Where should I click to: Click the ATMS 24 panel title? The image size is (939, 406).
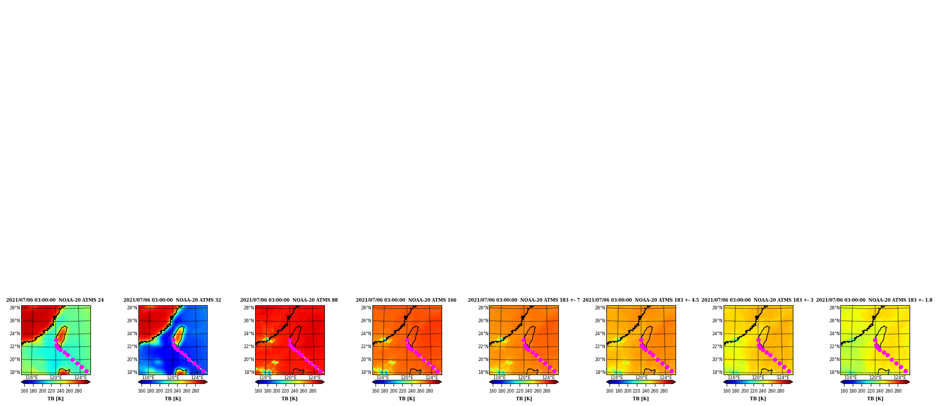click(55, 300)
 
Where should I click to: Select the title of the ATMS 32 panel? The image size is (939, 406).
click(172, 300)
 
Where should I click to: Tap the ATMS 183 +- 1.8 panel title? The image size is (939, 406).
click(874, 300)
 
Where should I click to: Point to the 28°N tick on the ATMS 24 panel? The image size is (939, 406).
click(15, 308)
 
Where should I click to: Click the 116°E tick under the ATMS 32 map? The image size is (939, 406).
click(148, 378)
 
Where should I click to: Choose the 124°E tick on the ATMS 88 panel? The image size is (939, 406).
click(315, 378)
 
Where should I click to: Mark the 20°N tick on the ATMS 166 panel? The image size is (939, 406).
click(366, 360)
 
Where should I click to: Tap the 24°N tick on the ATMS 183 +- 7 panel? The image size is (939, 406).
click(483, 334)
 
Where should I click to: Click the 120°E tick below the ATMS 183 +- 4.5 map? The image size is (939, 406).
click(641, 378)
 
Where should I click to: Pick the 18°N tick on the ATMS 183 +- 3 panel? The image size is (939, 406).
click(717, 372)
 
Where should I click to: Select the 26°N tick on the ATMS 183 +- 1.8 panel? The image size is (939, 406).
click(835, 321)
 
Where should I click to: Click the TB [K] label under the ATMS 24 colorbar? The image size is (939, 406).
click(56, 399)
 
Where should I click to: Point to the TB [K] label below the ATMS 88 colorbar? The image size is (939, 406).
click(290, 399)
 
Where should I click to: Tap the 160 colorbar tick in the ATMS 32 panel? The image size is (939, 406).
click(142, 391)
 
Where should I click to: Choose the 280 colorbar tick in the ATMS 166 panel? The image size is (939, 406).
click(429, 391)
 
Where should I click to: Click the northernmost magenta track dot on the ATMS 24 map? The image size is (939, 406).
click(56, 340)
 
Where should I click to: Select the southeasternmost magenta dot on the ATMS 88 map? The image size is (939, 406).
click(321, 371)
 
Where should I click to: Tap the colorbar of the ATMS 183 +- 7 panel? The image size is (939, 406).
click(524, 382)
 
